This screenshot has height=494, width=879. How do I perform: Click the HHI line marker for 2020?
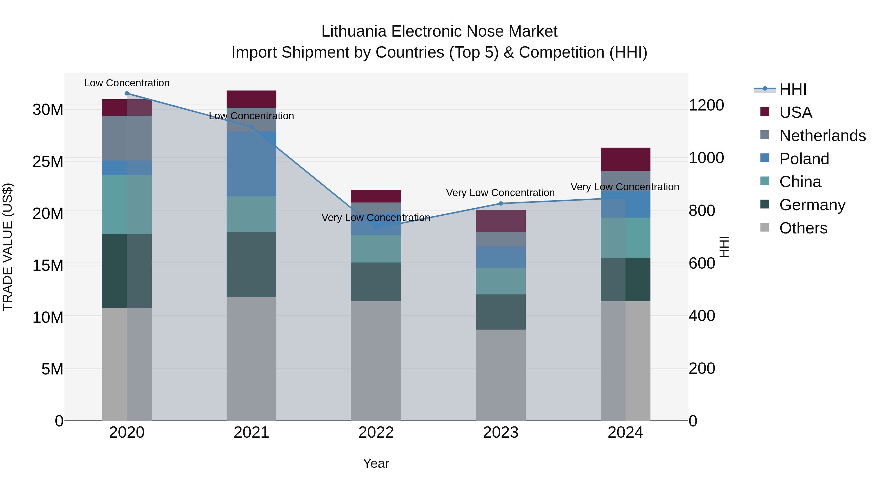(x=126, y=93)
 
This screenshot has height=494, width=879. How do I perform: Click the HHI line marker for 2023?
(x=501, y=203)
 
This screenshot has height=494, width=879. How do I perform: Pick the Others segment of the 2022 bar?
(x=376, y=361)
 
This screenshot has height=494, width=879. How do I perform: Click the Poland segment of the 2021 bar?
(x=251, y=164)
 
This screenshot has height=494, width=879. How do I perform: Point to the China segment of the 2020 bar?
(x=126, y=205)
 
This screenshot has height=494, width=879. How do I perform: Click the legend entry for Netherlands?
(x=822, y=136)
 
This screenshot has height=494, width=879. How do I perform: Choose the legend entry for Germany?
(x=812, y=205)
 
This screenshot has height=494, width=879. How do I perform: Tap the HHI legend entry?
(x=793, y=89)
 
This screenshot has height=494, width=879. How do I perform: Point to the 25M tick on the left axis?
(x=48, y=161)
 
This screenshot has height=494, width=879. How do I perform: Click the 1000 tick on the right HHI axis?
(x=706, y=158)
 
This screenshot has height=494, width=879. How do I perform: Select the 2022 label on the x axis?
(x=376, y=433)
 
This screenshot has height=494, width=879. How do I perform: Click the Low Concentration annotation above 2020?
(x=126, y=83)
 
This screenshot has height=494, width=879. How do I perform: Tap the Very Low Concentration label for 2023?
(x=500, y=193)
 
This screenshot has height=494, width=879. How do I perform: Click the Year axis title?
(x=376, y=463)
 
